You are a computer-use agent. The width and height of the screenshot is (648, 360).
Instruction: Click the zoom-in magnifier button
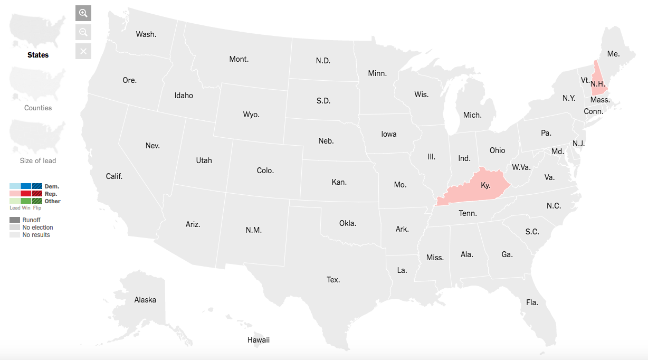point(83,13)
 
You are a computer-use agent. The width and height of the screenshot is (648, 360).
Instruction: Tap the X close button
point(83,51)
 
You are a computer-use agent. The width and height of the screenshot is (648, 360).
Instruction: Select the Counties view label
point(38,108)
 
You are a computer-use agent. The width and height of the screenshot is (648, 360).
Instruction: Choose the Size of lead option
point(38,160)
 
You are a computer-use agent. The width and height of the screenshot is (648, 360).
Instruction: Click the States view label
point(38,55)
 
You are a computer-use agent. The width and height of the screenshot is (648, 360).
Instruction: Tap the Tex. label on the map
point(333,280)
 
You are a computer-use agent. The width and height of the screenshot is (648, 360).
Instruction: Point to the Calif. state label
point(114,176)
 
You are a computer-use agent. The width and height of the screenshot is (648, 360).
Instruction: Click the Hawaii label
point(259,340)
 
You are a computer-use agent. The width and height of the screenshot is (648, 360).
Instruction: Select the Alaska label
point(145,300)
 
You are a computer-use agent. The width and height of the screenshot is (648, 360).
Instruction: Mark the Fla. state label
point(532,302)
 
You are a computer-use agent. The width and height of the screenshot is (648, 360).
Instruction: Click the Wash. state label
point(146,34)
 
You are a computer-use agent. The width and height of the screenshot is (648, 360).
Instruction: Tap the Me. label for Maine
point(613,54)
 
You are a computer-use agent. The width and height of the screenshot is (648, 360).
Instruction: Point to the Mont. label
point(239,59)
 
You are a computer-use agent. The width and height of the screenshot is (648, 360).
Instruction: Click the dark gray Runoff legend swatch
point(15,220)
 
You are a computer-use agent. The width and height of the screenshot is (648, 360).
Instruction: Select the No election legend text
point(37,228)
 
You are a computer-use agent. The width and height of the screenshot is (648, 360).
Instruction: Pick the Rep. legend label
point(51,194)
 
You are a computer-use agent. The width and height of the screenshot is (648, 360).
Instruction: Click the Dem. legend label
point(52,186)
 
